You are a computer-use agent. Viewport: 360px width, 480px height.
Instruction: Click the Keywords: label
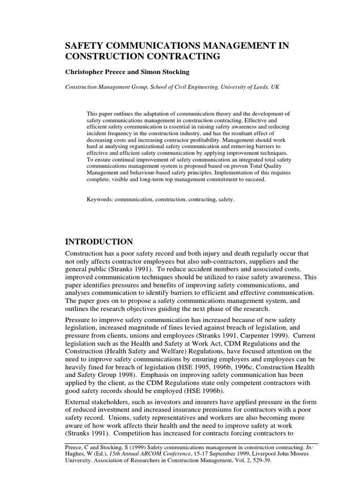pyautogui.click(x=101, y=199)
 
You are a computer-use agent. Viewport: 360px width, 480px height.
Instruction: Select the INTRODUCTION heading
pyautogui.click(x=98, y=242)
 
